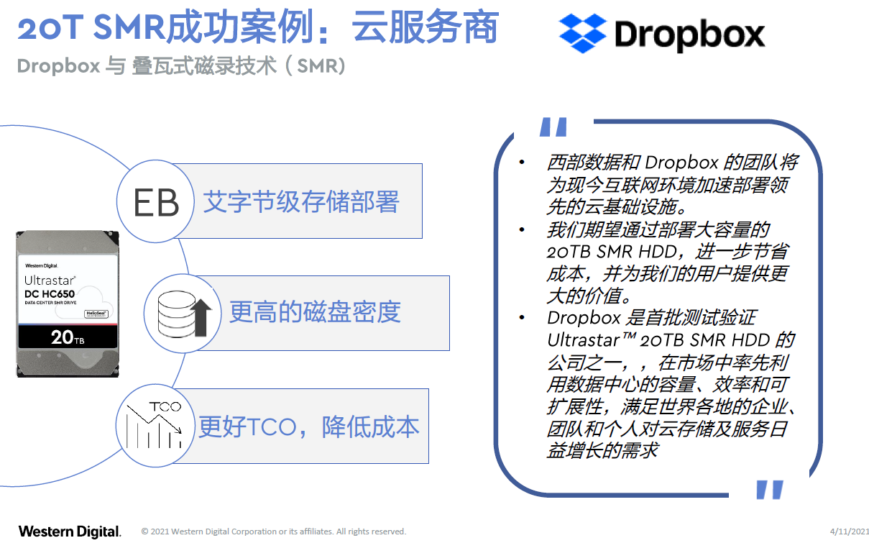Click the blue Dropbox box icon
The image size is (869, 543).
[x=582, y=32]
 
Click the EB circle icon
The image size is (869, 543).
[x=155, y=201]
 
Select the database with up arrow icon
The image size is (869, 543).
[x=183, y=314]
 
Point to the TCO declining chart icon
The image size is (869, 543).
[x=155, y=425]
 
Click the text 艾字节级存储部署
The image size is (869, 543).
[x=301, y=202]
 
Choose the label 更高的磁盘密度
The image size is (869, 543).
[x=315, y=312]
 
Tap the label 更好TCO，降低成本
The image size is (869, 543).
[x=309, y=427]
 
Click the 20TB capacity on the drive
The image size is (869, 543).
[x=68, y=337]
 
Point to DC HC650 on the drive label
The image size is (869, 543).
[x=50, y=294]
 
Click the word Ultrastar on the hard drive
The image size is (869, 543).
[x=50, y=280]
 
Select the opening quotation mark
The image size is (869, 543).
[x=553, y=127]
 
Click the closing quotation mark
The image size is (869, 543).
[x=770, y=490]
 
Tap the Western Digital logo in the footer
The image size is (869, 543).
[x=70, y=531]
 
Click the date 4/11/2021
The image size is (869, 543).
[x=850, y=531]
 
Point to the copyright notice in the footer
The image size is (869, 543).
[x=274, y=531]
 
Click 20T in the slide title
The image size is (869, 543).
[x=50, y=27]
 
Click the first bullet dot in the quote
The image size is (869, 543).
[x=522, y=163]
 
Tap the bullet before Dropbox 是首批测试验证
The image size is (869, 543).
[x=522, y=318]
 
